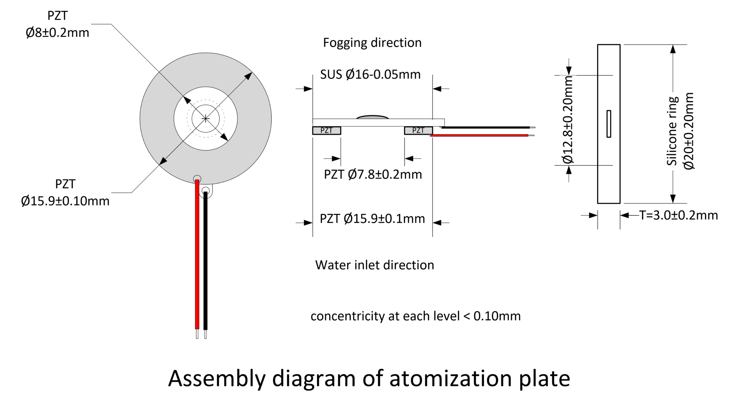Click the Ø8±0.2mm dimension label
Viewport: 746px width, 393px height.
coord(57,33)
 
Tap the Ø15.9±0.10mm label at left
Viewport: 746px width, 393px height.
coord(65,201)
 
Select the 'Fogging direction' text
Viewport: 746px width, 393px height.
coord(372,43)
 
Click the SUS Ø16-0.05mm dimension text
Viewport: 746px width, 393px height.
coord(370,75)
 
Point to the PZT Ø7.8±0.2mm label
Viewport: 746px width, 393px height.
coord(373,175)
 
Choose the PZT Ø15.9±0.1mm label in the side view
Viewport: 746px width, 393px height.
coord(372,218)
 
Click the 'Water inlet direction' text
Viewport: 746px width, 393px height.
coord(375,265)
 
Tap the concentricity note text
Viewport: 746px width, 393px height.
coord(416,316)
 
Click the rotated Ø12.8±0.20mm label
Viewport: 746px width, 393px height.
coord(568,120)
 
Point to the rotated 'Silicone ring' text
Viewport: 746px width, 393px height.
coord(672,131)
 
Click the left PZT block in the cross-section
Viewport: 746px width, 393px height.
coord(327,131)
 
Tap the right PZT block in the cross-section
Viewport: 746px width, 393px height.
coord(418,131)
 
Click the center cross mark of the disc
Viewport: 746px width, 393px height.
coord(206,119)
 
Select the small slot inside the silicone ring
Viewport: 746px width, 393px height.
coord(609,124)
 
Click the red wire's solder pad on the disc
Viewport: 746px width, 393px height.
coord(197,178)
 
